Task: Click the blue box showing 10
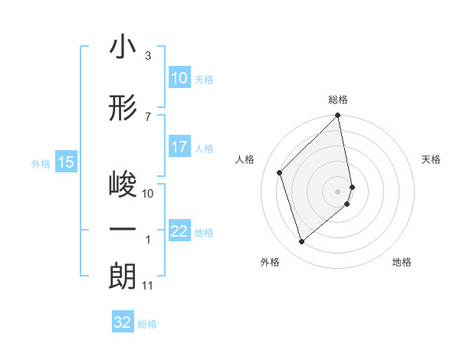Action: click(x=179, y=78)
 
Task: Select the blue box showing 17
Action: click(x=179, y=148)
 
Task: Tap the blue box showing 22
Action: click(x=179, y=232)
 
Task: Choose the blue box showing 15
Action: click(x=65, y=162)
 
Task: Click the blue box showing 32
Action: click(x=123, y=322)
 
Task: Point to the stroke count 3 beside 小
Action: click(x=147, y=56)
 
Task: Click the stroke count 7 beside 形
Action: click(x=147, y=116)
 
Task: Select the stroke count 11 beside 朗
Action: click(x=148, y=286)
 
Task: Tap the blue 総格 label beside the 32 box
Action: click(x=147, y=324)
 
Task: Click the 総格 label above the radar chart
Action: click(x=338, y=100)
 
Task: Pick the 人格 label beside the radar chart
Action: click(x=245, y=159)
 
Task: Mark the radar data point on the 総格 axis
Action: click(x=338, y=116)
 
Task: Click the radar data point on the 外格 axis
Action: click(x=302, y=242)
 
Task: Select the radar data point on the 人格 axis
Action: click(x=280, y=172)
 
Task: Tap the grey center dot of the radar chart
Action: click(x=338, y=191)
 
